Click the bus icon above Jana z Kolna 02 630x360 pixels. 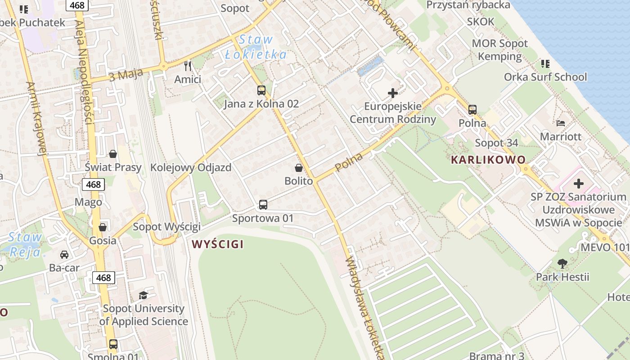(261, 90)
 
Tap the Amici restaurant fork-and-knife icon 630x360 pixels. (188, 66)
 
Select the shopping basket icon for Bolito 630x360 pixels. (298, 168)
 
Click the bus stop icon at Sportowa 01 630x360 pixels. (263, 205)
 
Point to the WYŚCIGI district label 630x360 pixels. (217, 244)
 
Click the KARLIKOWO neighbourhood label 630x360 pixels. (488, 160)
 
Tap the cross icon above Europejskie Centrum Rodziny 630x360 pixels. (393, 93)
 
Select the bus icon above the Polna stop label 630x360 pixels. (472, 110)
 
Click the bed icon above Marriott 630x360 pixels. (561, 123)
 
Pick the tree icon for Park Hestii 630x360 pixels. (562, 264)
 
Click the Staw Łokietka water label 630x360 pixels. (256, 47)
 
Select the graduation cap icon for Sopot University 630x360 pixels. (143, 295)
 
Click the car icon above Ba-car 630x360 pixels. (64, 255)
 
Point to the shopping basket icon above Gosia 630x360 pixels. (103, 227)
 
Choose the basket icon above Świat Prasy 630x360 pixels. (113, 154)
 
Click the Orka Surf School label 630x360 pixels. (545, 77)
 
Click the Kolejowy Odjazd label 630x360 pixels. (191, 168)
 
